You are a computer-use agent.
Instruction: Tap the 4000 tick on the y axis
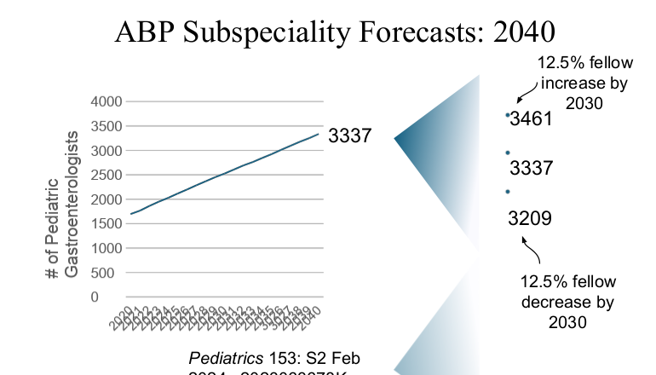106,101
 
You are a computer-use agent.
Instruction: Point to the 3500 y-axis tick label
106,126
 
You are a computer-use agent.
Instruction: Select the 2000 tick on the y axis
106,199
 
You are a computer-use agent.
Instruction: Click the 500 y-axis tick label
111,274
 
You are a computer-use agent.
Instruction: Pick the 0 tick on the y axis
118,297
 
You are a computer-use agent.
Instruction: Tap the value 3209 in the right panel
530,218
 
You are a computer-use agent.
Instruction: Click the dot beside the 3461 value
508,114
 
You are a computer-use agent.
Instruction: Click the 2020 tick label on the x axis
124,316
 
